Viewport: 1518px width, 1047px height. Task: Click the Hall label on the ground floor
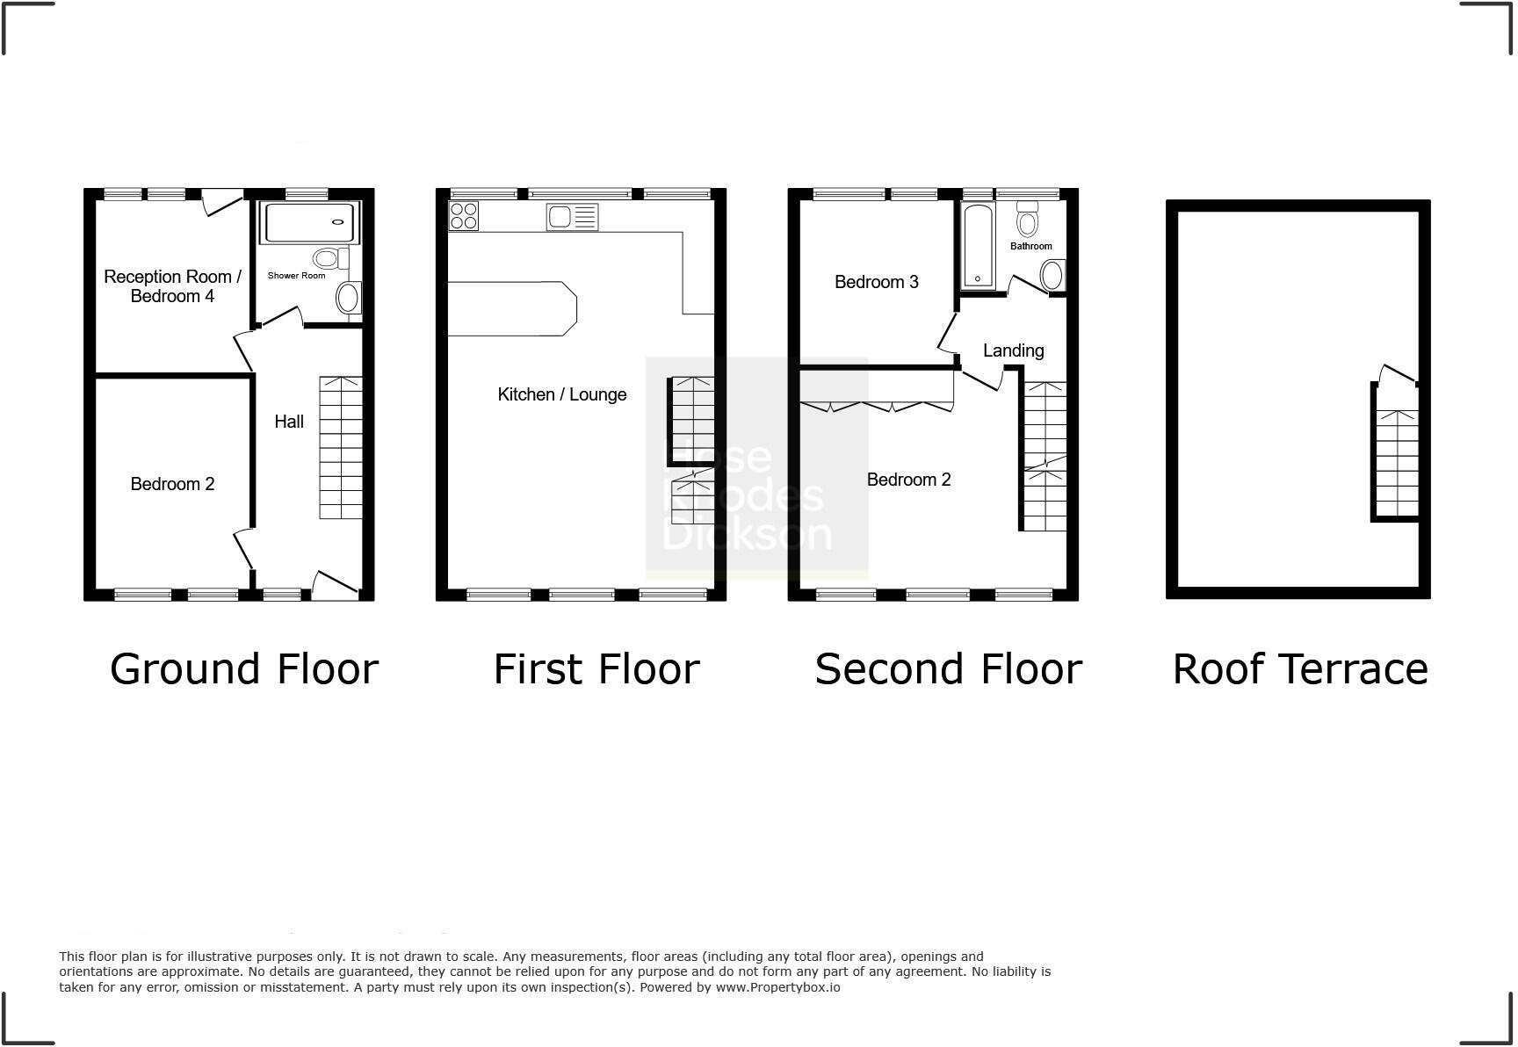pyautogui.click(x=289, y=422)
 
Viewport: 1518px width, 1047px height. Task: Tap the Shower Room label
pyautogui.click(x=296, y=276)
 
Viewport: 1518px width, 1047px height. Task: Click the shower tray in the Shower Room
pyautogui.click(x=310, y=223)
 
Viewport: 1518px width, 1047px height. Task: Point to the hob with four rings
pyautogui.click(x=464, y=216)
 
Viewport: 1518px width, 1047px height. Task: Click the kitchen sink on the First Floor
pyautogui.click(x=572, y=216)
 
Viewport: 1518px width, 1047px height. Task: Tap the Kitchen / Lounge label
pyautogui.click(x=561, y=394)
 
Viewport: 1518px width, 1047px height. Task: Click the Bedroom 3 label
pyautogui.click(x=876, y=282)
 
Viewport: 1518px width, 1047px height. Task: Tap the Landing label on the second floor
pyautogui.click(x=1013, y=350)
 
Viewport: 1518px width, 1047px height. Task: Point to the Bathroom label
pyautogui.click(x=1030, y=246)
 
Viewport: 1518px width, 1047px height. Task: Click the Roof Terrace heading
pyautogui.click(x=1299, y=669)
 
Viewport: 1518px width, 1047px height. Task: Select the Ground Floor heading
pyautogui.click(x=244, y=669)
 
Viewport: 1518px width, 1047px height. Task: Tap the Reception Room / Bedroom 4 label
pyautogui.click(x=172, y=286)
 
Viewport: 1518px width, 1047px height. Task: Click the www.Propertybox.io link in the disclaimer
pyautogui.click(x=777, y=987)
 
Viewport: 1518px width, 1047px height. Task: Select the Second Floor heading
pyautogui.click(x=948, y=669)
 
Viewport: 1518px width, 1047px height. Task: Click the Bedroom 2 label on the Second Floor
pyautogui.click(x=908, y=480)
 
